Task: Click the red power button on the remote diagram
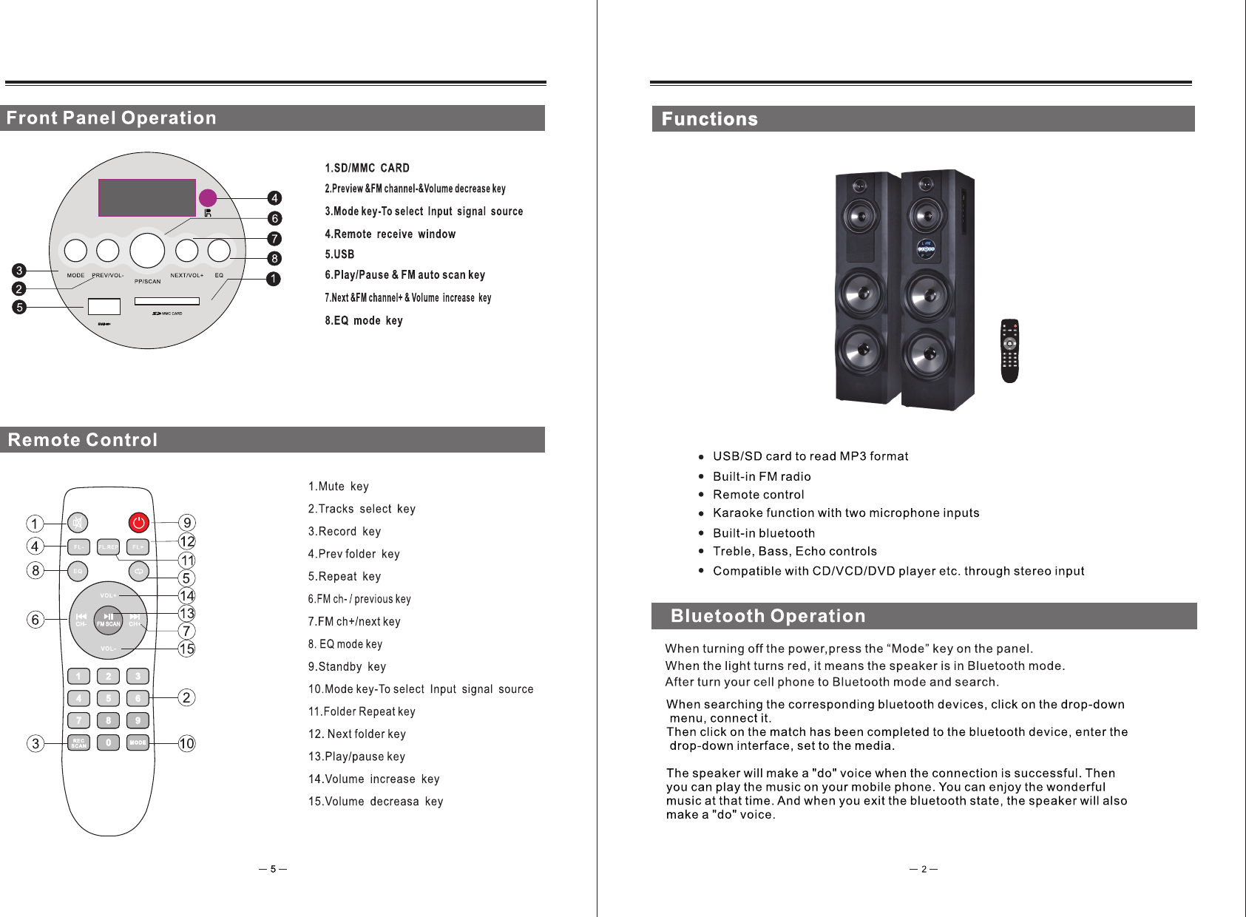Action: coord(138,523)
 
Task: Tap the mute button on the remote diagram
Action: coord(77,523)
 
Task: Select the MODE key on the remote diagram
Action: coord(138,742)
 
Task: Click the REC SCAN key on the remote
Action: coord(78,742)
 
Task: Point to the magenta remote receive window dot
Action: coord(208,197)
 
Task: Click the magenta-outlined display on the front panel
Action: coord(147,197)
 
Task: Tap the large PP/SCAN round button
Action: coord(147,250)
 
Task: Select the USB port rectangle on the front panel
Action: coord(104,306)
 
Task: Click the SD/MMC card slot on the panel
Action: coord(167,301)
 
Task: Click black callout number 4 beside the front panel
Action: coord(274,198)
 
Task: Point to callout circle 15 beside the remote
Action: coord(186,649)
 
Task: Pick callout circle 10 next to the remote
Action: coord(186,743)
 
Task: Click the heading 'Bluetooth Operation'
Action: coord(768,616)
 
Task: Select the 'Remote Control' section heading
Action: coord(83,440)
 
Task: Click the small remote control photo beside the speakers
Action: coord(1009,351)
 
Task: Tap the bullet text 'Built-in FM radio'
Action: coord(762,476)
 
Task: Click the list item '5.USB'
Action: coord(339,254)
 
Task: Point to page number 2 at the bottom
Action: coord(924,869)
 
